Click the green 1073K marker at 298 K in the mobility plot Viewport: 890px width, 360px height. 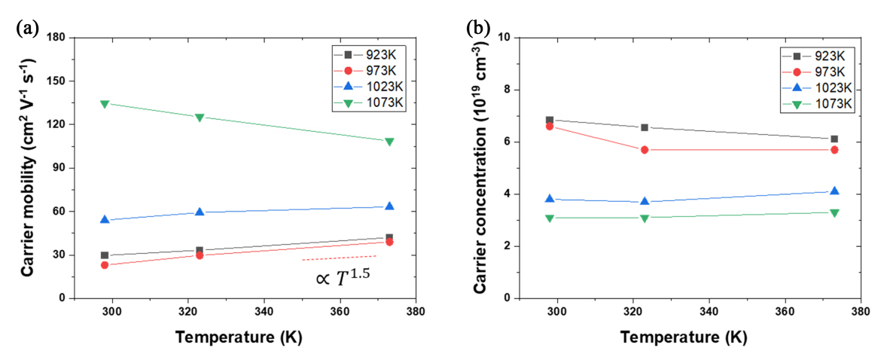[x=105, y=104]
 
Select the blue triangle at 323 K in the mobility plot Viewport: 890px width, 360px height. [x=200, y=212]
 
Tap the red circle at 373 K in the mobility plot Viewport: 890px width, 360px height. [x=389, y=242]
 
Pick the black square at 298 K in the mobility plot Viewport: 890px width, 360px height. [x=105, y=255]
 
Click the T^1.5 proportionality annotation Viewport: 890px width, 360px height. [x=343, y=278]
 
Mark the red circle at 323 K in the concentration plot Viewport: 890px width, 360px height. [x=645, y=150]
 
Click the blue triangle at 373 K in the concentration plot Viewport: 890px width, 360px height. [x=834, y=191]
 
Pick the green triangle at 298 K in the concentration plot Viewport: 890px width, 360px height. [x=550, y=218]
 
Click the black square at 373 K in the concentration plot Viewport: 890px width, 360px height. [x=834, y=139]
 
